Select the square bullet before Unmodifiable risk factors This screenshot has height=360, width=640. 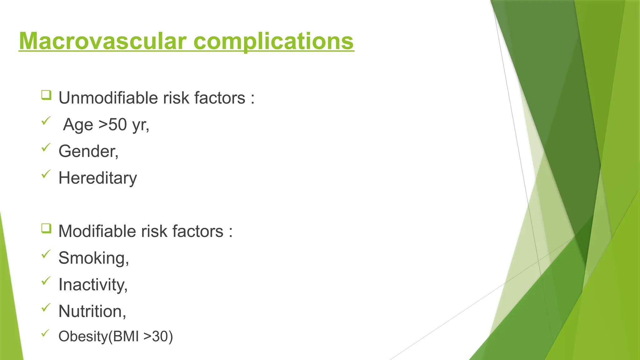click(x=46, y=95)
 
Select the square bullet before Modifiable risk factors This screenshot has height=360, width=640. click(x=46, y=228)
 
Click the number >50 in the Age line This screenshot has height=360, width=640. click(x=113, y=124)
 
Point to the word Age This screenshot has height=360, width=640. click(x=78, y=125)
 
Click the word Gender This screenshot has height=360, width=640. click(x=87, y=151)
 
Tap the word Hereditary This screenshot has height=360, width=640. click(x=97, y=178)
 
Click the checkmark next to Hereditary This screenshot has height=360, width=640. click(x=46, y=174)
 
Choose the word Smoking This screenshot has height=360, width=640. click(x=92, y=258)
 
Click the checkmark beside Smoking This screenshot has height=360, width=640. click(x=46, y=254)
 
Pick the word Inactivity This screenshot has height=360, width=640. click(x=92, y=285)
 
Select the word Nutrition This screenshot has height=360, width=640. click(x=91, y=311)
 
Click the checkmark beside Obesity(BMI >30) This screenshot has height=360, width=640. click(x=46, y=333)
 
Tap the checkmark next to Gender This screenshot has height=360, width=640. click(x=46, y=147)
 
